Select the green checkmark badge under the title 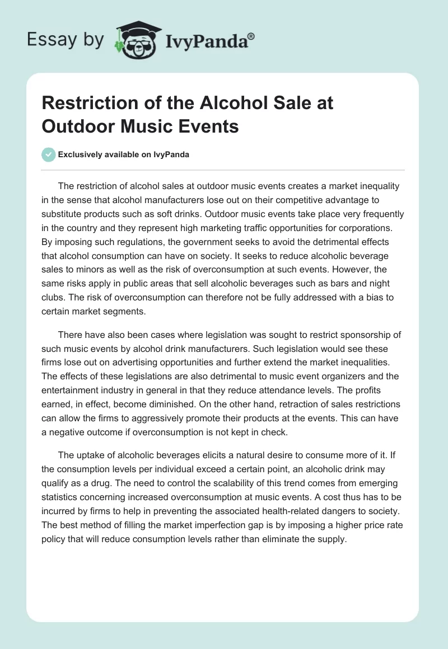click(48, 154)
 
